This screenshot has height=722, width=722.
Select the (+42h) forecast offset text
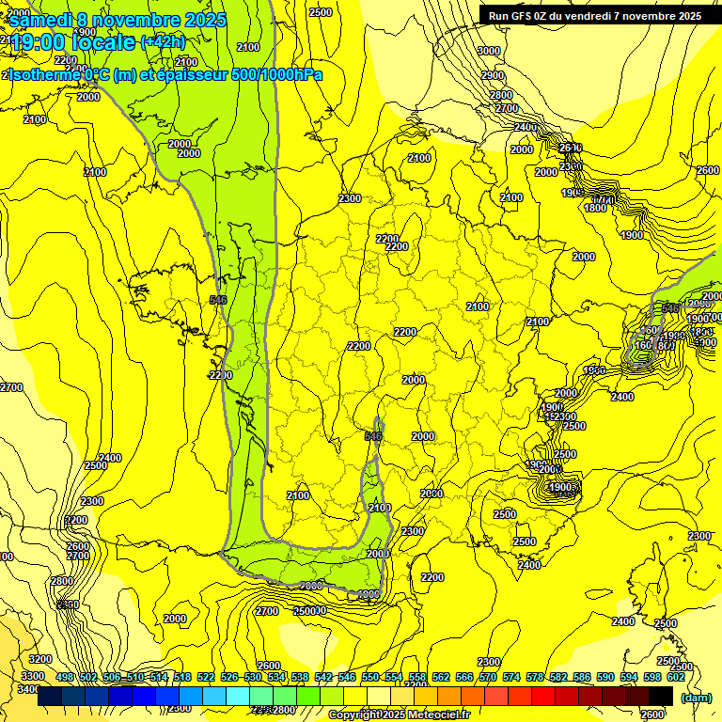click(163, 41)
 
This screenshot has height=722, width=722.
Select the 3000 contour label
click(489, 51)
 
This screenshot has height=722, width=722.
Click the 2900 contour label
click(493, 75)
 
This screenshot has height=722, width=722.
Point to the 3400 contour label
click(29, 689)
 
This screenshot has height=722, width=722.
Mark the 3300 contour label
click(32, 675)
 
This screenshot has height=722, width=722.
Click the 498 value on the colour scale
click(65, 678)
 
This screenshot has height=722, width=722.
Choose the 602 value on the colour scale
click(675, 678)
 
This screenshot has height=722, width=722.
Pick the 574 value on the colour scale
click(511, 678)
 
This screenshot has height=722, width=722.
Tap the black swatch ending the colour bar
click(660, 696)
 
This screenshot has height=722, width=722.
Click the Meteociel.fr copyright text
click(400, 714)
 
